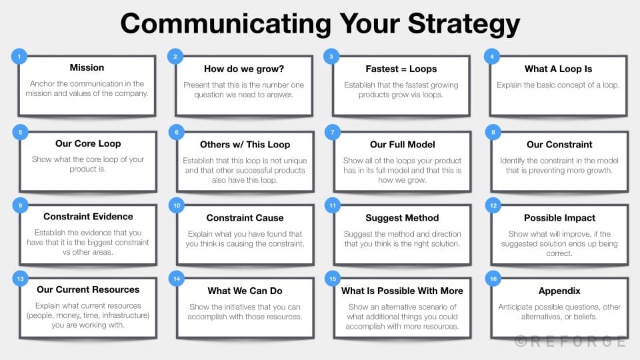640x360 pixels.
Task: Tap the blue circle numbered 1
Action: pyautogui.click(x=19, y=56)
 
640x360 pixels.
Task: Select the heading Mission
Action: pyautogui.click(x=87, y=68)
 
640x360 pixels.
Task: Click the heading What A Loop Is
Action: pyautogui.click(x=558, y=69)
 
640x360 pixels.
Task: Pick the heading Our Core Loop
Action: pyautogui.click(x=88, y=143)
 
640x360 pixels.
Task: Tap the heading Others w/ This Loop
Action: pyautogui.click(x=245, y=144)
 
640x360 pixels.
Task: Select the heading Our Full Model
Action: pyautogui.click(x=402, y=144)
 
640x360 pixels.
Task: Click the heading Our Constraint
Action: pyautogui.click(x=559, y=144)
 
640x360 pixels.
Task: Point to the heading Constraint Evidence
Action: pyautogui.click(x=88, y=217)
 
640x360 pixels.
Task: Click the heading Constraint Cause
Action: pyautogui.click(x=245, y=218)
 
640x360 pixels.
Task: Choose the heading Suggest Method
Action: pyautogui.click(x=402, y=218)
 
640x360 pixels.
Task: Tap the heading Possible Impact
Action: pyautogui.click(x=559, y=218)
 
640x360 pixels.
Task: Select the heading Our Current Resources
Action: pyautogui.click(x=88, y=290)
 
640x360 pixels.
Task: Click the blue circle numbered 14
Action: pyautogui.click(x=176, y=279)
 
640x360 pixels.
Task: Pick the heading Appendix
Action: pyautogui.click(x=559, y=291)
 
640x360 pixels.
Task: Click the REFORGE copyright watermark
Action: pyautogui.click(x=570, y=341)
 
